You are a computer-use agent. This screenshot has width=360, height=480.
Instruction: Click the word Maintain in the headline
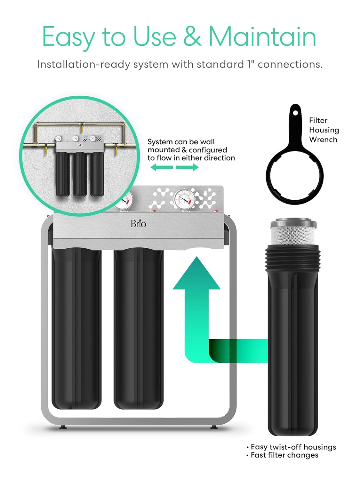tap(262, 36)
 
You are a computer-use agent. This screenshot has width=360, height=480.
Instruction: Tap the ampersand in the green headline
tap(192, 36)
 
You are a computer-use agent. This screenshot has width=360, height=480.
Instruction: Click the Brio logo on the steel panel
tap(138, 223)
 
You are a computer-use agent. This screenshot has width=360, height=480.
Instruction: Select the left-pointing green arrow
tap(162, 167)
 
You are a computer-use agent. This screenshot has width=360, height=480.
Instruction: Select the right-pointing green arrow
tap(188, 167)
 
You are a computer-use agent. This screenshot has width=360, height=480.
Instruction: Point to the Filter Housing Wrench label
tap(324, 130)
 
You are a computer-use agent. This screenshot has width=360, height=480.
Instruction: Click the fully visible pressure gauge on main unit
tap(184, 200)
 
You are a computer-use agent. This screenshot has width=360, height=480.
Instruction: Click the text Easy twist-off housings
tap(293, 447)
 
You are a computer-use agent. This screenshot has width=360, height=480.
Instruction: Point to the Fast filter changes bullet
tap(284, 455)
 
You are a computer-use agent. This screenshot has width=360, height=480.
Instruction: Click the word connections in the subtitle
tap(290, 64)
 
